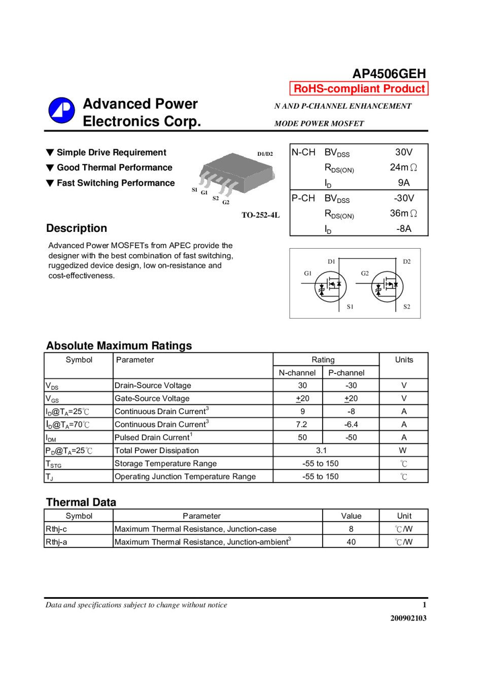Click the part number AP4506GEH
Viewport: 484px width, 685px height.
[389, 74]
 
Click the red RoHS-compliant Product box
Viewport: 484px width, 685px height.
[359, 89]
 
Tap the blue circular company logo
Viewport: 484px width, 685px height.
[61, 111]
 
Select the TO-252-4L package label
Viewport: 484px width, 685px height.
[260, 215]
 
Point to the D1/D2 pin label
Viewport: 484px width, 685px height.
[265, 154]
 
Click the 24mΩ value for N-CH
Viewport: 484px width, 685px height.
[403, 167]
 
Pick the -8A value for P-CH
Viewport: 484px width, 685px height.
[403, 229]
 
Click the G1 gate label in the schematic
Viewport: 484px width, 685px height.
[307, 273]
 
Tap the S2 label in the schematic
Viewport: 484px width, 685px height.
[406, 306]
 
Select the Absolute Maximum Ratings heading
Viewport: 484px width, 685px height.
[119, 346]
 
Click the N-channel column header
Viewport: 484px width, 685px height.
[297, 372]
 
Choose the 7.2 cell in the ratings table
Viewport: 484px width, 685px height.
[301, 424]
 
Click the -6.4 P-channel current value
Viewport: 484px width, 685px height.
[351, 424]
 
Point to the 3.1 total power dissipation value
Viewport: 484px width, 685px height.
[321, 450]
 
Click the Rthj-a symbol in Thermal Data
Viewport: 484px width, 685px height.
[56, 542]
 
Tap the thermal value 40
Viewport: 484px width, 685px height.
[351, 542]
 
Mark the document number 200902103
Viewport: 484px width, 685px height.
[408, 618]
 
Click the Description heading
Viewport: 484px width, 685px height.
[77, 228]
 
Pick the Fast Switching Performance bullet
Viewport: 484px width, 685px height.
[116, 183]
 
